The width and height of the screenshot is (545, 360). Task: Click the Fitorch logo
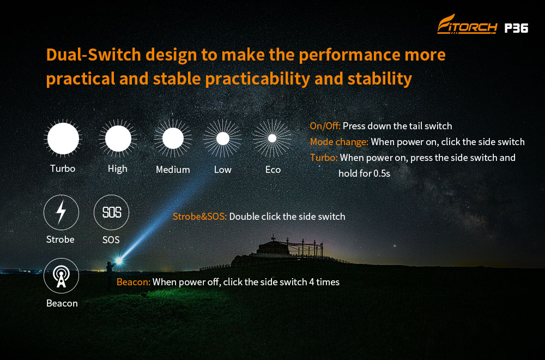[467, 25]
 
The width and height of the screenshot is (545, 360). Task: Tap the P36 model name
[516, 28]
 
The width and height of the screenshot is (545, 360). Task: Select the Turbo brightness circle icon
[63, 139]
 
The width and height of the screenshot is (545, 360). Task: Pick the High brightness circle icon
[118, 139]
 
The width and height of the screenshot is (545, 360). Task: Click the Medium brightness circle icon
[173, 139]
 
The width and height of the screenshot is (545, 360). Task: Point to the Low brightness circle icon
[222, 139]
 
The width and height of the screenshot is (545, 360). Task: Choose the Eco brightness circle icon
[272, 139]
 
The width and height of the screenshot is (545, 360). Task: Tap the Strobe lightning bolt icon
[61, 212]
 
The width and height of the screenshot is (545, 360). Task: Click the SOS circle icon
[111, 212]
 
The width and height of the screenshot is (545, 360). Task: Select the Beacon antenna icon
[61, 276]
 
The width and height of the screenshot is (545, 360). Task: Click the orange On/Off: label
[325, 126]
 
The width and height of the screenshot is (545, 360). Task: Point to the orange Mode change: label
[339, 142]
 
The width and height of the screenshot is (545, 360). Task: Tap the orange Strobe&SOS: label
[199, 217]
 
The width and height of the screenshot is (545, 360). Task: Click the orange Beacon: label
[134, 282]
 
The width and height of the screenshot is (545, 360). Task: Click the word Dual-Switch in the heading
[94, 55]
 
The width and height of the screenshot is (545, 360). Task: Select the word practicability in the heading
[258, 79]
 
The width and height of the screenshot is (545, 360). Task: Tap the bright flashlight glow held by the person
[119, 261]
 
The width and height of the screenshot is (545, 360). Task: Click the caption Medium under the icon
[173, 170]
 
